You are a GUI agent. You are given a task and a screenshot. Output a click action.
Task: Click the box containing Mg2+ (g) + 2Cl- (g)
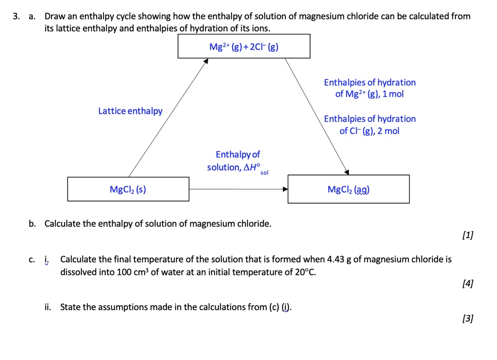pos(244,47)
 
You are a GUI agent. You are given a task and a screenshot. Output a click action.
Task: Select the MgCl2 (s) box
pos(128,189)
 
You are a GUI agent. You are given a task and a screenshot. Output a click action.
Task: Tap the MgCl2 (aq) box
pos(348,189)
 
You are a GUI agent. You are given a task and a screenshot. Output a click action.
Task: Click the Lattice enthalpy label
pos(131,111)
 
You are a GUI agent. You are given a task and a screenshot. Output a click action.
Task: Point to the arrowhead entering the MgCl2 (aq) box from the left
pos(285,189)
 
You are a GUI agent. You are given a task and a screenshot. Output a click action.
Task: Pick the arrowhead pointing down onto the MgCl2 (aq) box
pos(346,171)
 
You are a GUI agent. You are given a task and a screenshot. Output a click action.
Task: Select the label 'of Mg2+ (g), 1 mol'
pos(369,94)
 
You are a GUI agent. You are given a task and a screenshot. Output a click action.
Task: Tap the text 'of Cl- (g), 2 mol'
pos(369,131)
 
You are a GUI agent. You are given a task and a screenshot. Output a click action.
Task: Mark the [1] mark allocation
pos(468,236)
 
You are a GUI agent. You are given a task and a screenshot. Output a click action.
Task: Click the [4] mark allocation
pos(468,283)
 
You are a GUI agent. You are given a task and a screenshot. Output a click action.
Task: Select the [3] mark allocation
pos(468,319)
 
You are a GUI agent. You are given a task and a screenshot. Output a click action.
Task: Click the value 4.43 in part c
pos(336,259)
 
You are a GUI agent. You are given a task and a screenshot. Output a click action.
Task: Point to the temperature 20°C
pos(305,272)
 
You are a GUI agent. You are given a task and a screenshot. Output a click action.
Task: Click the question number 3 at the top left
pos(16,17)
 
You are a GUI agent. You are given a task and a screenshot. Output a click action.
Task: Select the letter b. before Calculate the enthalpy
pos(32,224)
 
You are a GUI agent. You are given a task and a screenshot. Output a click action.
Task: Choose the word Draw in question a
pos(54,17)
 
